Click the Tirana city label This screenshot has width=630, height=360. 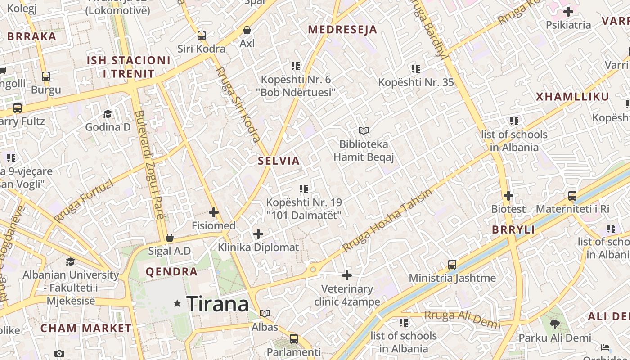tap(217, 304)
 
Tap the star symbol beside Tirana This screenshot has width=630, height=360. tap(178, 304)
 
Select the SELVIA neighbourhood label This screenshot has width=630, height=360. tap(279, 161)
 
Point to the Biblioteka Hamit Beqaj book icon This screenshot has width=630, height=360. tap(364, 130)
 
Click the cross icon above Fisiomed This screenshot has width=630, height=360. tap(214, 212)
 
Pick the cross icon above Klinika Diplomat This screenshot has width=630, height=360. tap(258, 234)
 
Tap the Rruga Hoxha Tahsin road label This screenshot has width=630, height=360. tap(387, 220)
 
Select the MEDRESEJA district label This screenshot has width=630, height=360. tap(342, 30)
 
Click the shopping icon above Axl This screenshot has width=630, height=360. tap(247, 30)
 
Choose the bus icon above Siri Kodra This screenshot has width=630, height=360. tap(202, 35)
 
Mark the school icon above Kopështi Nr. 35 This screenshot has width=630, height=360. tap(416, 68)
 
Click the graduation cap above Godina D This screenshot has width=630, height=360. tap(108, 113)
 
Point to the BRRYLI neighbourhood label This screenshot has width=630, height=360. tap(513, 229)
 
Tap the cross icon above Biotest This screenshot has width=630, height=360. tap(508, 196)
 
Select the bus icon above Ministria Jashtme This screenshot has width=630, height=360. tap(452, 264)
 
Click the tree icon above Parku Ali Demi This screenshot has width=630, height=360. tap(555, 324)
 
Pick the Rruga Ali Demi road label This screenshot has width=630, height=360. tap(462, 318)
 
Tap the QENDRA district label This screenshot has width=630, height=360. tap(171, 272)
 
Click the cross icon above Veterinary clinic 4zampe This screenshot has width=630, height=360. tap(347, 275)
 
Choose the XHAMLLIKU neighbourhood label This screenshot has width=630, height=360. tap(572, 97)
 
